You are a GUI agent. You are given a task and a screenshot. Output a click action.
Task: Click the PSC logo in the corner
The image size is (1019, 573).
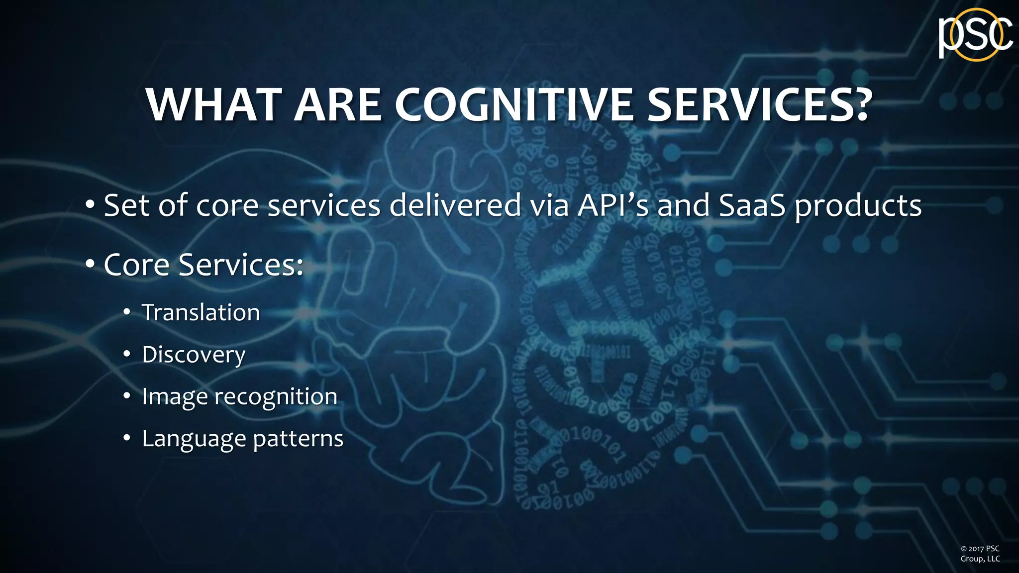975,35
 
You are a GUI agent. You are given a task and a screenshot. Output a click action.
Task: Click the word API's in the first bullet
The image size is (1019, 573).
612,205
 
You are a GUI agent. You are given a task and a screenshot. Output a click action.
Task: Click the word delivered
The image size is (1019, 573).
455,205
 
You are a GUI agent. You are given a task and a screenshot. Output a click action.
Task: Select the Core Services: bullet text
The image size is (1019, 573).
203,265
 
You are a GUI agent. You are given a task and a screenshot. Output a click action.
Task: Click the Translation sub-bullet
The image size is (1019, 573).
201,312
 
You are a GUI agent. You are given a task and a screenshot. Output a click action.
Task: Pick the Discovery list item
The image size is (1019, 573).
194,355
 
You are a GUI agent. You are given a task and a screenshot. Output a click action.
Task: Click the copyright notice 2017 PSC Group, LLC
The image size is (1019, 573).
980,554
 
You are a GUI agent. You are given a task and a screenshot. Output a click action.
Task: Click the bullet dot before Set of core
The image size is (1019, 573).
90,204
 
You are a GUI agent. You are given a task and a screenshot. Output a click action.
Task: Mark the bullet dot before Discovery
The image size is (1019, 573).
127,354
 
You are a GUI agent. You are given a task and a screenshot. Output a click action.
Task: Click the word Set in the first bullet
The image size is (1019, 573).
126,205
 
